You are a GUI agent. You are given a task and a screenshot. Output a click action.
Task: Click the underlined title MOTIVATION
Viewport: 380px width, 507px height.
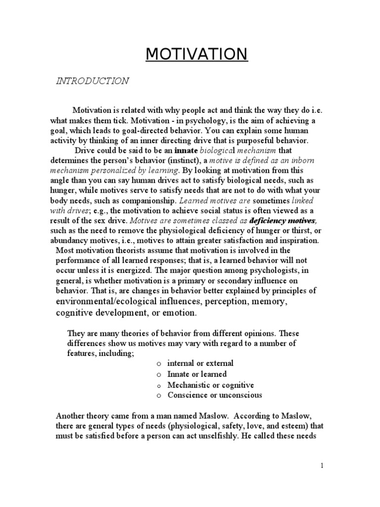(196, 54)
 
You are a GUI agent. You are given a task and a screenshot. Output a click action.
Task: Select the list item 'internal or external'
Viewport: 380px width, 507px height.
(200, 363)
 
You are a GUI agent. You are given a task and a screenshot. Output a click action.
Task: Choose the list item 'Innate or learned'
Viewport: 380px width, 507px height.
(197, 374)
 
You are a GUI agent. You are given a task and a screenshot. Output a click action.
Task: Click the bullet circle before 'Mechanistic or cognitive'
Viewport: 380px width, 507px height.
(158, 385)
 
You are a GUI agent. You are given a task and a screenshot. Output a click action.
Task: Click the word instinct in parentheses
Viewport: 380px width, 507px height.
(184, 160)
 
